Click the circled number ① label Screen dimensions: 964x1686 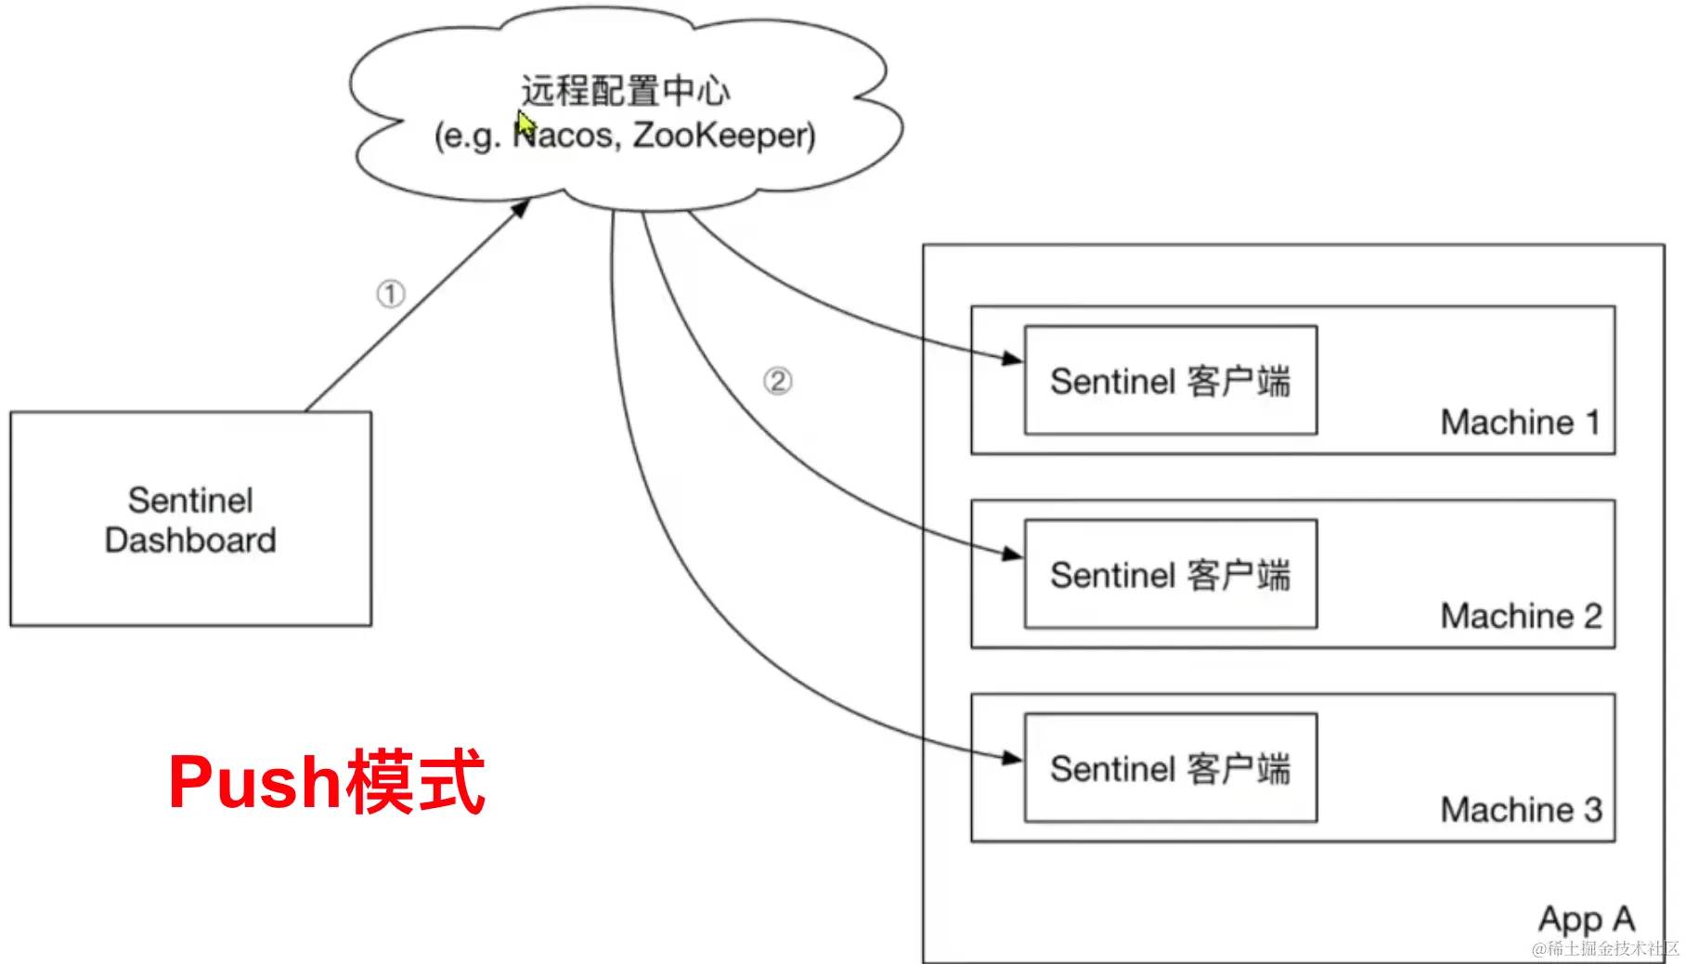pyautogui.click(x=391, y=294)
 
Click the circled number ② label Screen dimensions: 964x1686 pyautogui.click(x=778, y=381)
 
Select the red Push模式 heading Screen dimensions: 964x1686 pyautogui.click(x=327, y=783)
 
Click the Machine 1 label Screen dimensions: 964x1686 pyautogui.click(x=1520, y=423)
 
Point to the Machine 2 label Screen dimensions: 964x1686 pyautogui.click(x=1521, y=616)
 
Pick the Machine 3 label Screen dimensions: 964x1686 pyautogui.click(x=1521, y=810)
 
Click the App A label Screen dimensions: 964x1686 pyautogui.click(x=1586, y=919)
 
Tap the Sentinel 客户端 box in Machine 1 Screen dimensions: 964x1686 pyautogui.click(x=1170, y=381)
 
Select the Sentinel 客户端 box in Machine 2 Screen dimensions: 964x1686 pyautogui.click(x=1170, y=575)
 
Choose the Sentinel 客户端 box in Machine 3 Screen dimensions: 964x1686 pyautogui.click(x=1170, y=769)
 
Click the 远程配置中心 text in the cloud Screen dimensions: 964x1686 pyautogui.click(x=625, y=91)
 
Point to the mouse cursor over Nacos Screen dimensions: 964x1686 pyautogui.click(x=525, y=124)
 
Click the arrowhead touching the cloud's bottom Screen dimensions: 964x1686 pyautogui.click(x=521, y=208)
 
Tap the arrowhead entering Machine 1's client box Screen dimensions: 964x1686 pyautogui.click(x=1012, y=358)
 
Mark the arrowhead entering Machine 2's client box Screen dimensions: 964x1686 pyautogui.click(x=1012, y=554)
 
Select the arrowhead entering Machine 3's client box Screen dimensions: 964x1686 pyautogui.click(x=1012, y=759)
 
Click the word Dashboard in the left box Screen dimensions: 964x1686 pyautogui.click(x=190, y=541)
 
